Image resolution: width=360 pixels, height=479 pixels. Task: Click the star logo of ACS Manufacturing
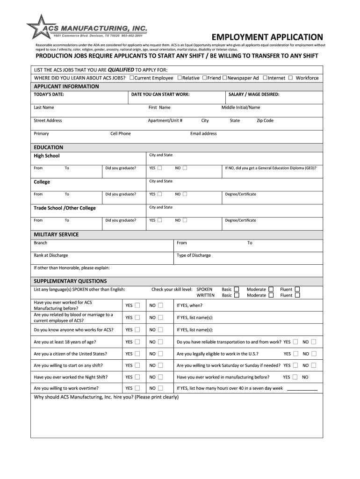pyautogui.click(x=38, y=27)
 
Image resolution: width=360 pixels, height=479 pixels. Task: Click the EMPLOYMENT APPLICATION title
pyautogui.click(x=267, y=37)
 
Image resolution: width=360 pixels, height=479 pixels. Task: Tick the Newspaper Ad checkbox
pyautogui.click(x=225, y=78)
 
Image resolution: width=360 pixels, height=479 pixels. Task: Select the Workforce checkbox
pyautogui.click(x=291, y=78)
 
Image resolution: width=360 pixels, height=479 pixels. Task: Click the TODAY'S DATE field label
pyautogui.click(x=49, y=94)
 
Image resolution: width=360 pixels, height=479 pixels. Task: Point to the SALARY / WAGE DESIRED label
pyautogui.click(x=254, y=94)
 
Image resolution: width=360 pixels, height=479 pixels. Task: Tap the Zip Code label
pyautogui.click(x=265, y=121)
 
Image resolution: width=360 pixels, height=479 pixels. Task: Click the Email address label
pyautogui.click(x=203, y=134)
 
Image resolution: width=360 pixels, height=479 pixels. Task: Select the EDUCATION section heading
pyautogui.click(x=49, y=147)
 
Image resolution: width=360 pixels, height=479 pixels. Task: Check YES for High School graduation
pyautogui.click(x=160, y=168)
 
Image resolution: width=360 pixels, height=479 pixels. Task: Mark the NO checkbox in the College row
pyautogui.click(x=185, y=194)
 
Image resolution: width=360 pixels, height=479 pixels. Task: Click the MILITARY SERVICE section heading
pyautogui.click(x=56, y=234)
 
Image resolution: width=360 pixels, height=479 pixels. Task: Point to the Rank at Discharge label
pyautogui.click(x=50, y=255)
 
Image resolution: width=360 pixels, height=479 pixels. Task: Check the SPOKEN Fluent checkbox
pyautogui.click(x=297, y=290)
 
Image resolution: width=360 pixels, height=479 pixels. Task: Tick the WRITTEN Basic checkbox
pyautogui.click(x=237, y=295)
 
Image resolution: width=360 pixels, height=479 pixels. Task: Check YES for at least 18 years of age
pyautogui.click(x=137, y=342)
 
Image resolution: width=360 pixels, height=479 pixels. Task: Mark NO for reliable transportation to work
pyautogui.click(x=313, y=342)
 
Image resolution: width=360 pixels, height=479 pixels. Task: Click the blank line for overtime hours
pyautogui.click(x=302, y=389)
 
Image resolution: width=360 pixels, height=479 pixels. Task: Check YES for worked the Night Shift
pyautogui.click(x=137, y=377)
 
